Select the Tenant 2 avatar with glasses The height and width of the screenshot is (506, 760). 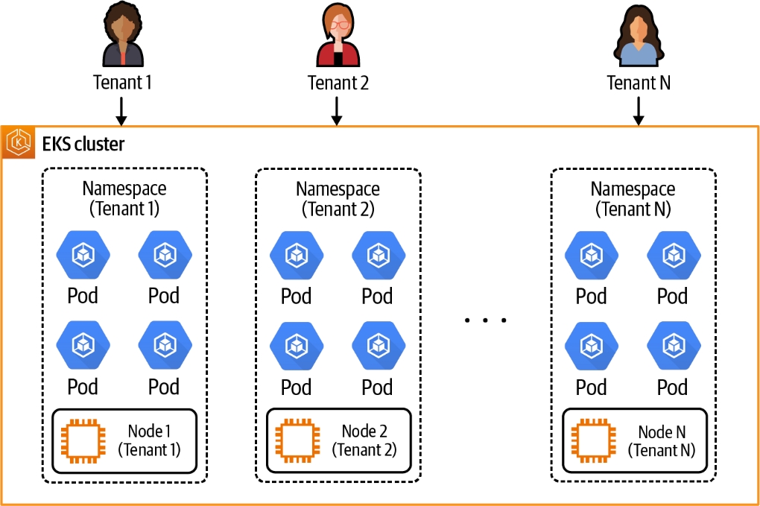point(338,37)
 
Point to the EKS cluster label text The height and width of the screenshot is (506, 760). point(83,142)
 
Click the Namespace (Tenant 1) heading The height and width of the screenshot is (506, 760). point(124,198)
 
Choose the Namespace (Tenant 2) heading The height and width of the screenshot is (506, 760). point(338,199)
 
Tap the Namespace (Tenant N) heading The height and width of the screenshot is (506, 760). point(633,199)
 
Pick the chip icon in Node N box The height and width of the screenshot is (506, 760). point(593,440)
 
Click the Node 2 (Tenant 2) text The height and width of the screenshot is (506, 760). point(364,440)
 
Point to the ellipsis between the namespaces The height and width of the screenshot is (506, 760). point(485,320)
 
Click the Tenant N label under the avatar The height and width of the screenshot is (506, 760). point(639,83)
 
